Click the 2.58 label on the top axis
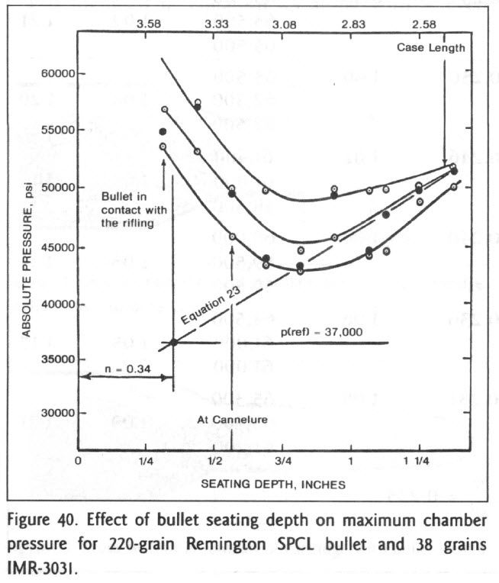click(423, 24)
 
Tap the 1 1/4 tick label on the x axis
click(419, 462)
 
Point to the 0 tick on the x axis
click(79, 462)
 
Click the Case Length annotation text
click(430, 48)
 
